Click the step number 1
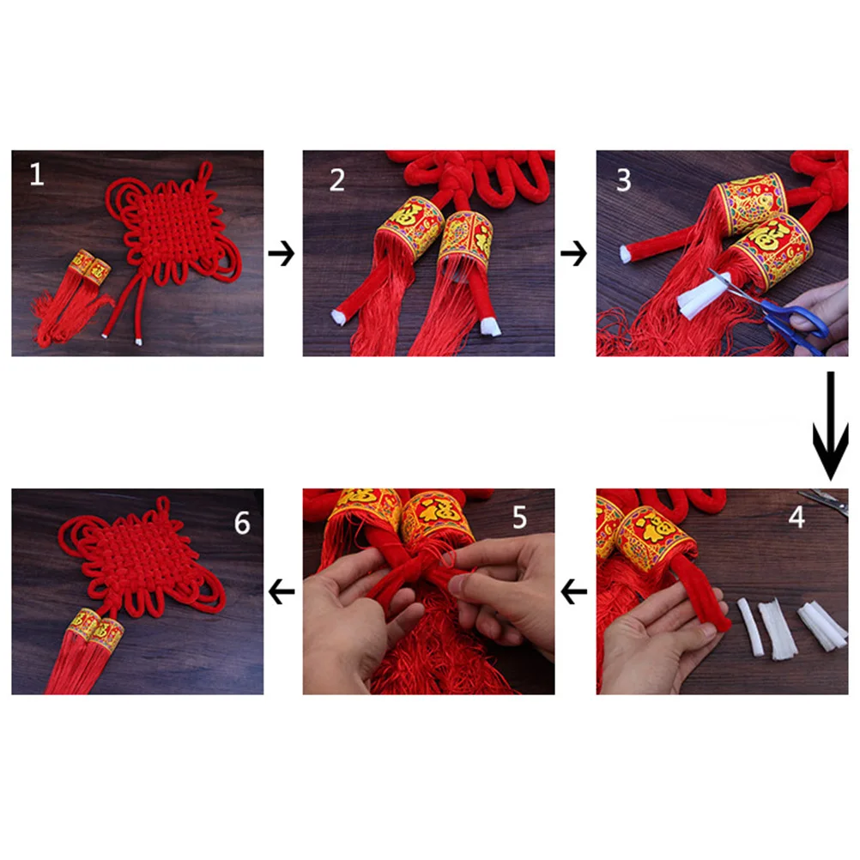(x=36, y=174)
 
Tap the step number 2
(x=337, y=179)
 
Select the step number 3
(x=623, y=180)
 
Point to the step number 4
(x=796, y=518)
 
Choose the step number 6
(x=242, y=522)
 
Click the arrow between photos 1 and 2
(x=282, y=254)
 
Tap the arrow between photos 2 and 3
(x=575, y=254)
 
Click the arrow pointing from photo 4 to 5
(x=575, y=591)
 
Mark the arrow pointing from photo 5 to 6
(x=282, y=591)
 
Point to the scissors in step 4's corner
(x=825, y=499)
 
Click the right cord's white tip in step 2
(x=488, y=327)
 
